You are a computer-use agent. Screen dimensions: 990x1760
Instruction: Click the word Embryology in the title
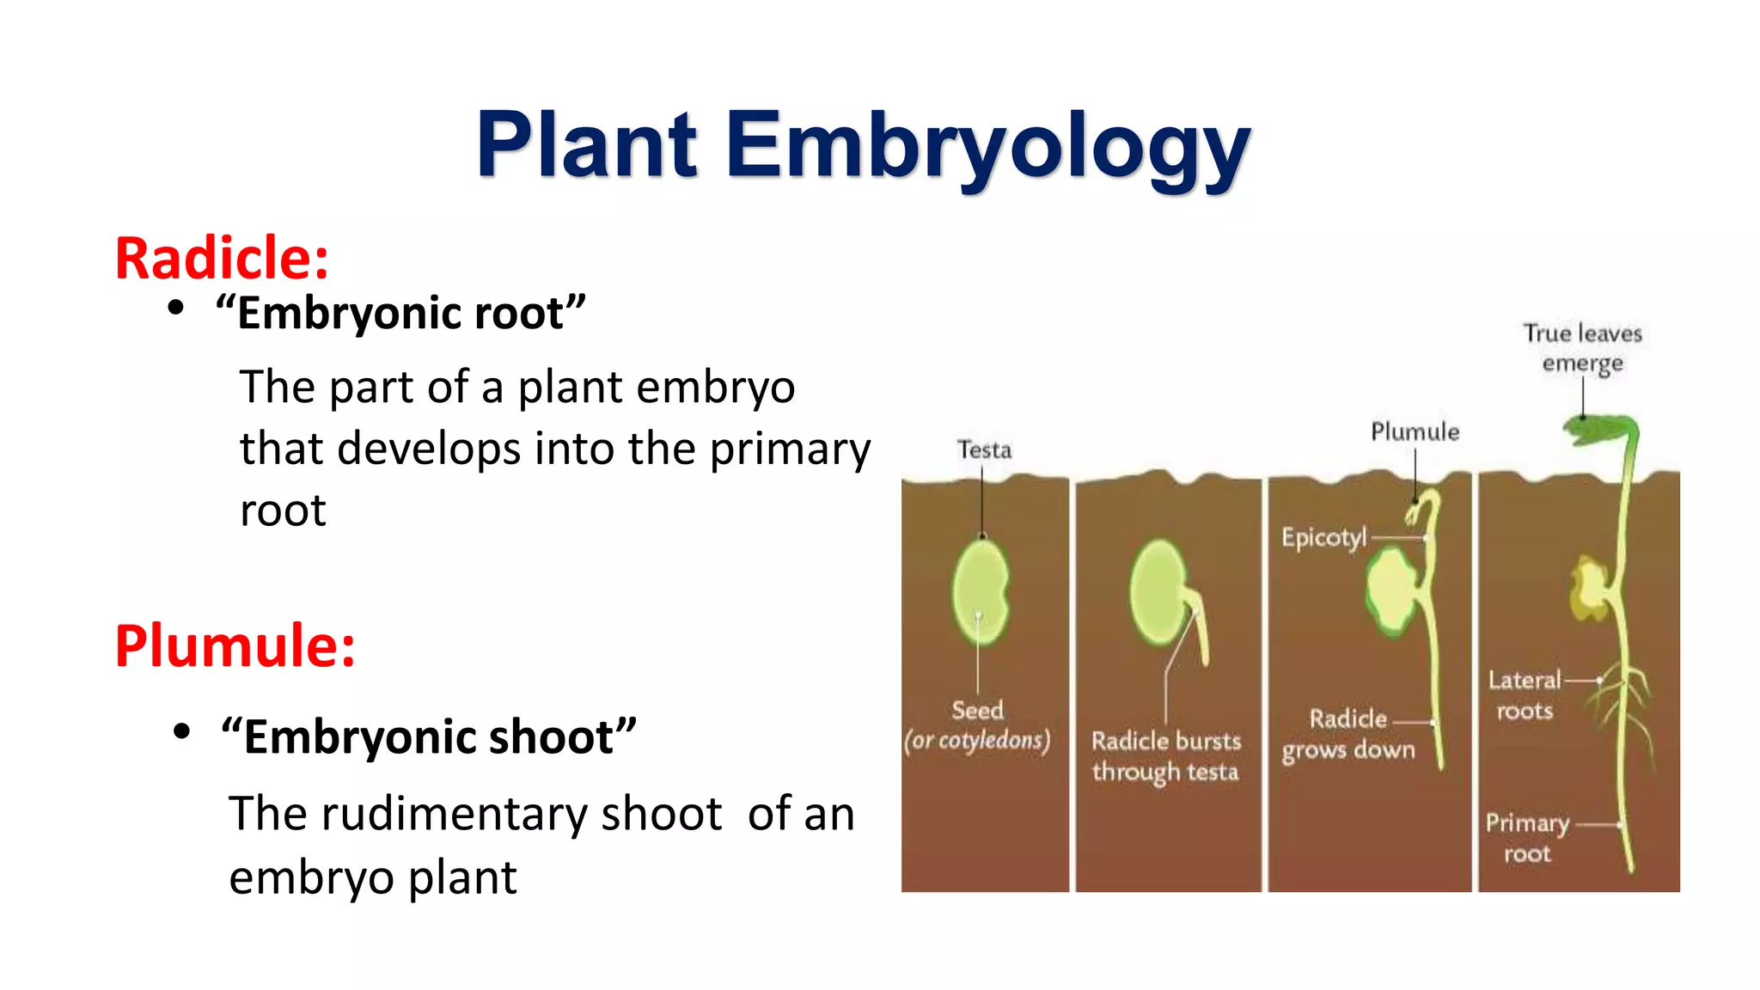click(988, 146)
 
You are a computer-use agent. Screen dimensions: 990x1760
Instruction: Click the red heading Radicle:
click(222, 258)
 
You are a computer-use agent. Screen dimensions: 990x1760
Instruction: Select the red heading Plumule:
click(235, 645)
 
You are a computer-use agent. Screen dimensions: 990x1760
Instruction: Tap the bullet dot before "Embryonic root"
click(176, 309)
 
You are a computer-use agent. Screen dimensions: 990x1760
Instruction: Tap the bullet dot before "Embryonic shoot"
click(181, 732)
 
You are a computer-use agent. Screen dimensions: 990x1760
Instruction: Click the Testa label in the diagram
click(984, 450)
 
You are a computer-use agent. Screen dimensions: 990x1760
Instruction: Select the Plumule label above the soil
click(1415, 431)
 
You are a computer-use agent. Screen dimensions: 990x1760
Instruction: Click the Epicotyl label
click(1323, 538)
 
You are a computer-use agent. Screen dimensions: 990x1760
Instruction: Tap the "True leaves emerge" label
click(1582, 348)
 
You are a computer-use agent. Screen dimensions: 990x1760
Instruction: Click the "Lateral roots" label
click(1525, 695)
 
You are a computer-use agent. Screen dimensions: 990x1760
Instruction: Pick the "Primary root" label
click(1527, 838)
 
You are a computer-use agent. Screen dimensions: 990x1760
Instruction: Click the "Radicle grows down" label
click(1347, 734)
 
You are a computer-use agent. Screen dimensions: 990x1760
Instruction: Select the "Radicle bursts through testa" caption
click(1165, 756)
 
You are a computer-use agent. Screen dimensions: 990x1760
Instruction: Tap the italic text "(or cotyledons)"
click(977, 741)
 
